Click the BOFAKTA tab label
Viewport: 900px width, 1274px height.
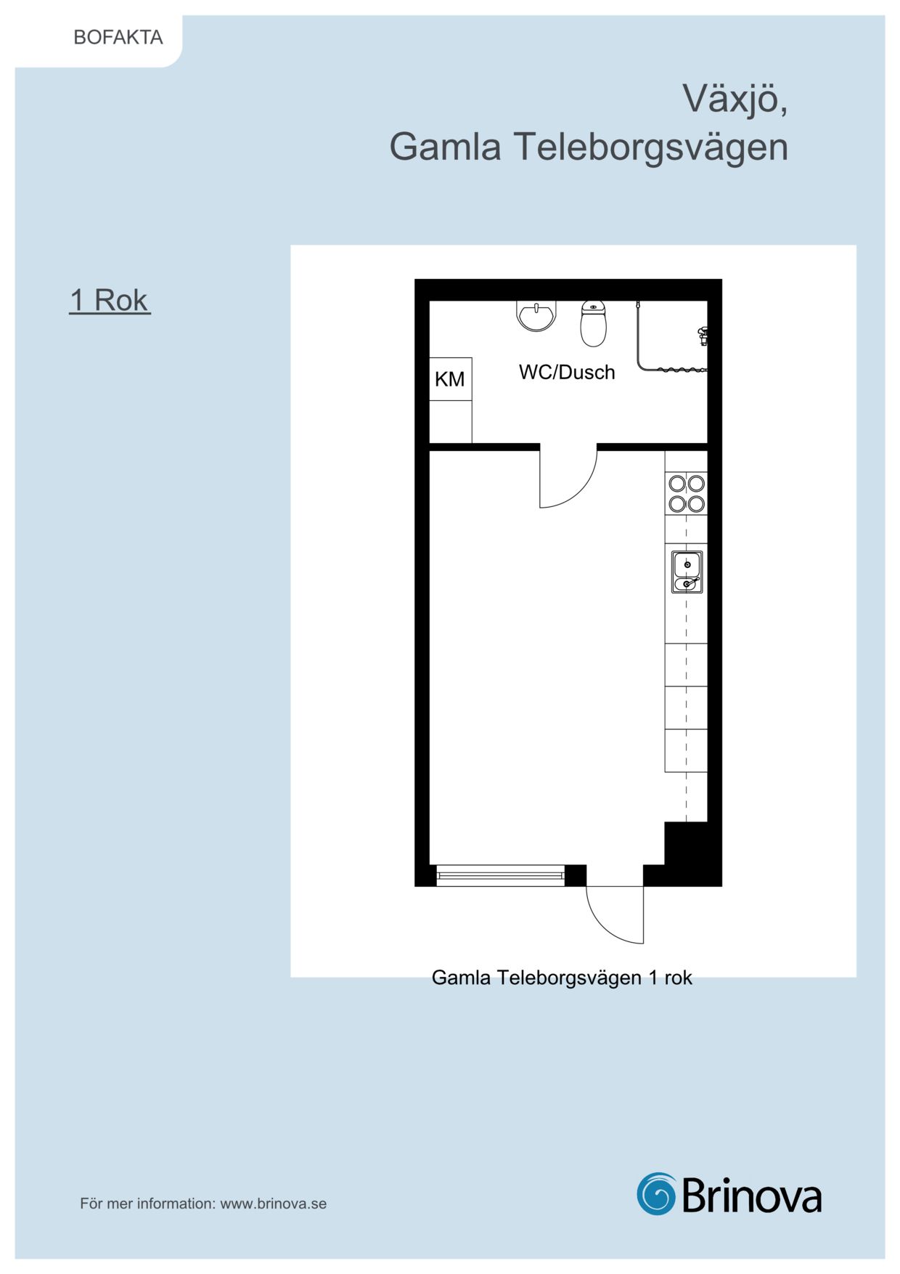[118, 37]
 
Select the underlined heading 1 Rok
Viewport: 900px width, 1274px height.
[110, 300]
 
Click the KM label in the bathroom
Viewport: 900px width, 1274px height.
[450, 379]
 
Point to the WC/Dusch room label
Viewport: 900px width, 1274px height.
[567, 372]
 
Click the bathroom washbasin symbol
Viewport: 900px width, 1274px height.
[536, 316]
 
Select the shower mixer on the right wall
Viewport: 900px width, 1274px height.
[703, 336]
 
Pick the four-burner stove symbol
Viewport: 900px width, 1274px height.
[687, 493]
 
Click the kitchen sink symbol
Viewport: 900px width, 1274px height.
[687, 572]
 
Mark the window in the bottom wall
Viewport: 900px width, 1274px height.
[501, 876]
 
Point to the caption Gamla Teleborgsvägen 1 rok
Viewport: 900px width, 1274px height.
[562, 978]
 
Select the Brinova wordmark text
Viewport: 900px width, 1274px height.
[752, 1195]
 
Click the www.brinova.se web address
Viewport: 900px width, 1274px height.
[274, 1204]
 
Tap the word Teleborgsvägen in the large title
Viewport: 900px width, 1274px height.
[651, 147]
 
